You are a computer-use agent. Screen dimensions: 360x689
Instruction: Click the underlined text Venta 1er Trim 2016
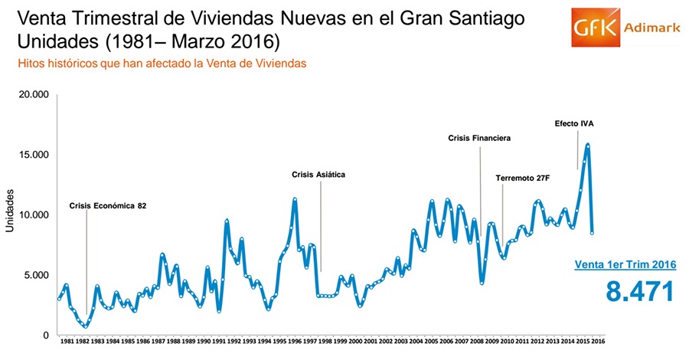point(625,265)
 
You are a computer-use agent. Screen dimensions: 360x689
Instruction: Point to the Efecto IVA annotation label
point(574,123)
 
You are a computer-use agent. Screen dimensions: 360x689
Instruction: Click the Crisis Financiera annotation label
point(479,138)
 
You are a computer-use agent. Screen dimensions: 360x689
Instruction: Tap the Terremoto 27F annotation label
point(523,178)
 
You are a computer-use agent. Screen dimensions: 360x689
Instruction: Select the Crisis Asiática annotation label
point(318,175)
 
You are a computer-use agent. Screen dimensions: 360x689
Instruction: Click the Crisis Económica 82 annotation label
point(108,205)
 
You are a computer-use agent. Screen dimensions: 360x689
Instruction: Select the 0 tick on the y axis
point(46,335)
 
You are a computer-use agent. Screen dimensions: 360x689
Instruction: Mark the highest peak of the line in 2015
point(588,144)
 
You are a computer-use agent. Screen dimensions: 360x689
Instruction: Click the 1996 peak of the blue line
point(295,199)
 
